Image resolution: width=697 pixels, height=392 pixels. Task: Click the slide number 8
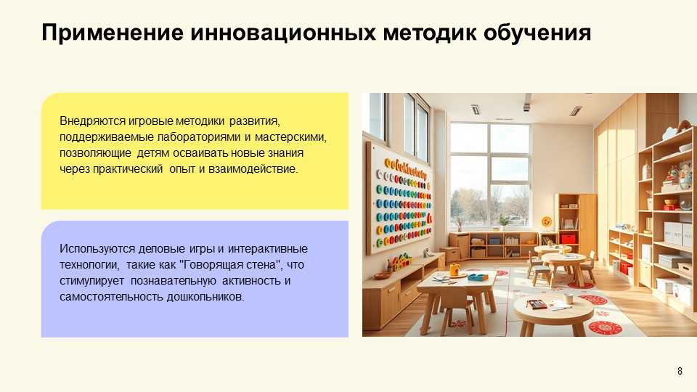pos(680,372)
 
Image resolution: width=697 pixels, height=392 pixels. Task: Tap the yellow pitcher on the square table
pos(455,270)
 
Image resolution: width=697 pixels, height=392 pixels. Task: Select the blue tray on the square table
pos(478,277)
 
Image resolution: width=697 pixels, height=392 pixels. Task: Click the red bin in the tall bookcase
pos(568,238)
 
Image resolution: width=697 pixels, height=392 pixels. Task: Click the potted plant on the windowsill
pos(503,221)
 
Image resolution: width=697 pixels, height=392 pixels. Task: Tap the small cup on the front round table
pos(568,298)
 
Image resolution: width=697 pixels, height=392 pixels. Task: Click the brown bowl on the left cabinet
pos(382,276)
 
